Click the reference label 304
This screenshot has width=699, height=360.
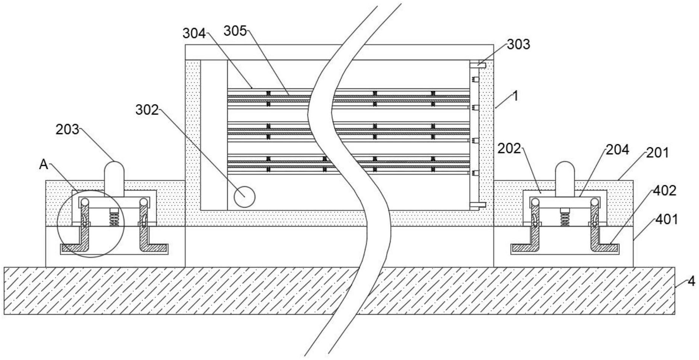click(194, 33)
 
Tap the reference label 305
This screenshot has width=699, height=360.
click(235, 31)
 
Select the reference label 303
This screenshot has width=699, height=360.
click(518, 44)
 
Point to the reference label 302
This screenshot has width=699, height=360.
click(147, 110)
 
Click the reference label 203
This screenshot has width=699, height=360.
click(67, 129)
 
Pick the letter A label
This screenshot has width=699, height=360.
click(44, 164)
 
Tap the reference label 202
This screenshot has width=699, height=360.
click(509, 148)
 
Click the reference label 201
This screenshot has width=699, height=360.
click(657, 152)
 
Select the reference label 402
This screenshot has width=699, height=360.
click(664, 190)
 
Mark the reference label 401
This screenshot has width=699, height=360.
click(666, 219)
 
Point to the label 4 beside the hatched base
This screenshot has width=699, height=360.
click(691, 282)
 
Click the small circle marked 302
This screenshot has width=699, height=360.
click(244, 197)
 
